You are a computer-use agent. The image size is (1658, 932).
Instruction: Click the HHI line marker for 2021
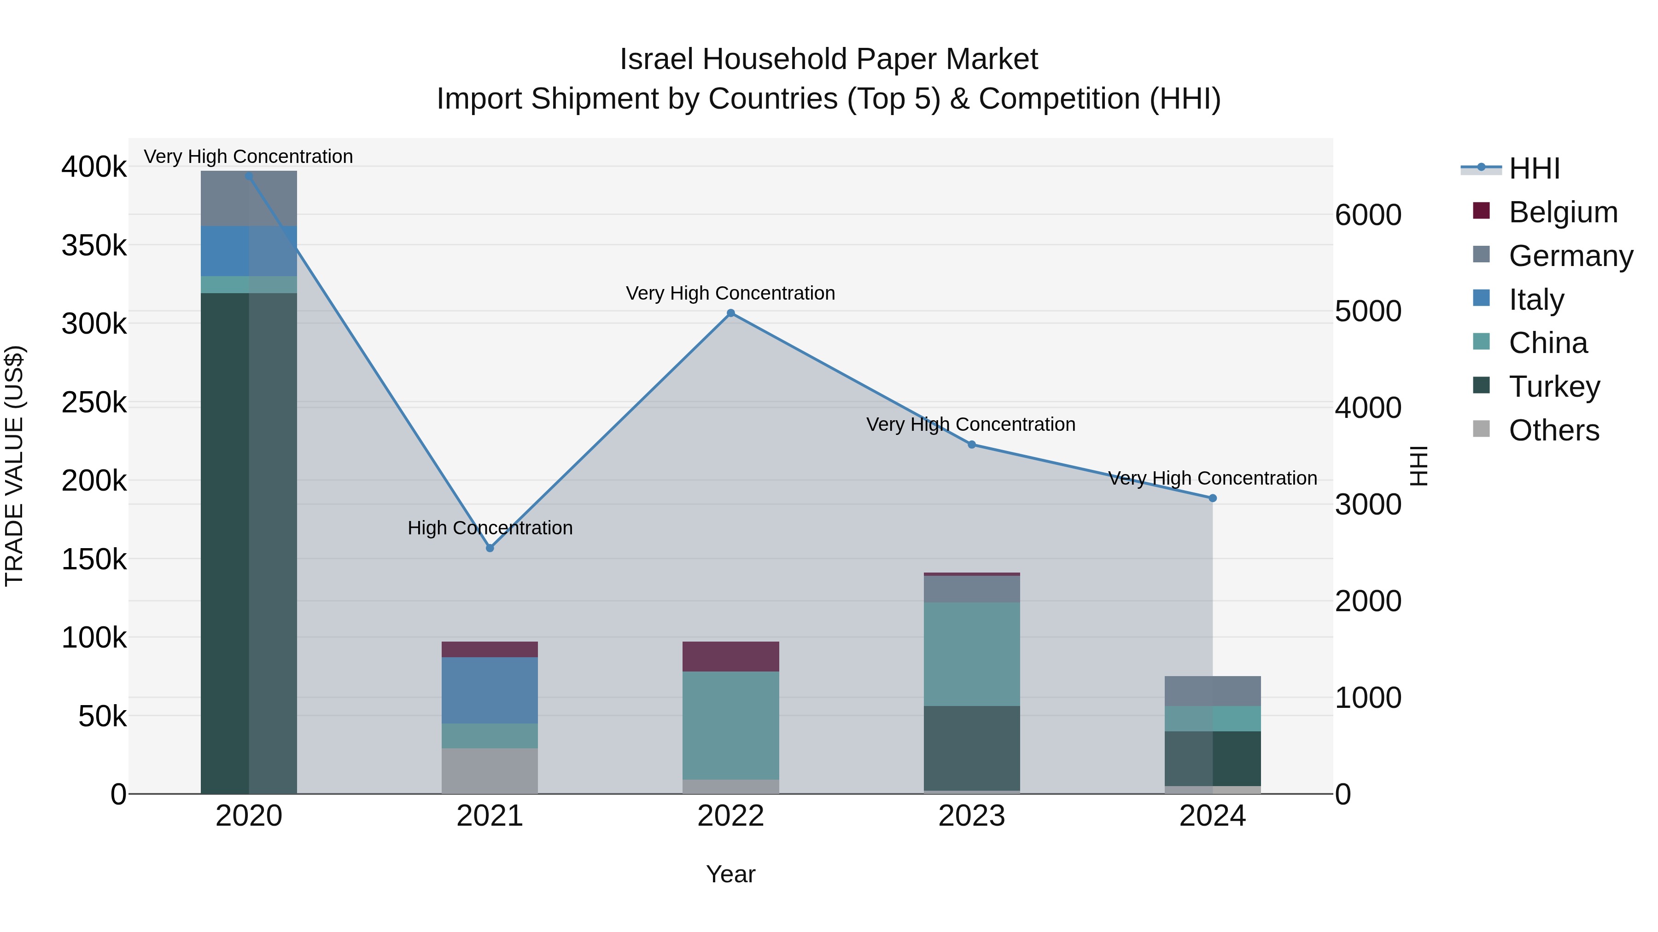pyautogui.click(x=490, y=548)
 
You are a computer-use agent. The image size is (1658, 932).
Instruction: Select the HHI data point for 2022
pyautogui.click(x=730, y=313)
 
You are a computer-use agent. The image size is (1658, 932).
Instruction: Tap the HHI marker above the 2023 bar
pyautogui.click(x=972, y=445)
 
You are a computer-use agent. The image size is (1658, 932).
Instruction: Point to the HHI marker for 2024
pyautogui.click(x=1213, y=498)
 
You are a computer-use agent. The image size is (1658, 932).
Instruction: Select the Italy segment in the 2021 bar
pyautogui.click(x=490, y=690)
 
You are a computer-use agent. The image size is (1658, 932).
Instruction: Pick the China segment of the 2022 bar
pyautogui.click(x=730, y=725)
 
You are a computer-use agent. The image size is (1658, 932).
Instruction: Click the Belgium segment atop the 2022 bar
pyautogui.click(x=730, y=656)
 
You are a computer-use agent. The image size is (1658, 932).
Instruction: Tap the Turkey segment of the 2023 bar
pyautogui.click(x=972, y=748)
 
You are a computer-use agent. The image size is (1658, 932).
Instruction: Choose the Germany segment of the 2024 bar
pyautogui.click(x=1213, y=691)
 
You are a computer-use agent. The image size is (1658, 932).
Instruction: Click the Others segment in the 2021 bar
pyautogui.click(x=490, y=770)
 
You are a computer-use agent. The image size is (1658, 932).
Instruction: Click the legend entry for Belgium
pyautogui.click(x=1563, y=212)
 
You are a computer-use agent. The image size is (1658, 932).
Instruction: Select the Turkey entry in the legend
pyautogui.click(x=1554, y=387)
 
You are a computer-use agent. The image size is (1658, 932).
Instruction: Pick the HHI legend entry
pyautogui.click(x=1534, y=168)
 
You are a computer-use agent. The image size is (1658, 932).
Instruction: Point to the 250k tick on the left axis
pyautogui.click(x=94, y=403)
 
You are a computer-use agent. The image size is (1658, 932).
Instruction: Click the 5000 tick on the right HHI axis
pyautogui.click(x=1368, y=311)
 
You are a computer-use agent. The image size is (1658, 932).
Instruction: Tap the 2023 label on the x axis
pyautogui.click(x=972, y=816)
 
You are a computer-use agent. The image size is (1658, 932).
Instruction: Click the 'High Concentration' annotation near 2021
pyautogui.click(x=490, y=528)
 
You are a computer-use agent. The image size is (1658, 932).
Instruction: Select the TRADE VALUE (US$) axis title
pyautogui.click(x=15, y=466)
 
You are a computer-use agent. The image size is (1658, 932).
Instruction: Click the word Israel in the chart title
pyautogui.click(x=656, y=59)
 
